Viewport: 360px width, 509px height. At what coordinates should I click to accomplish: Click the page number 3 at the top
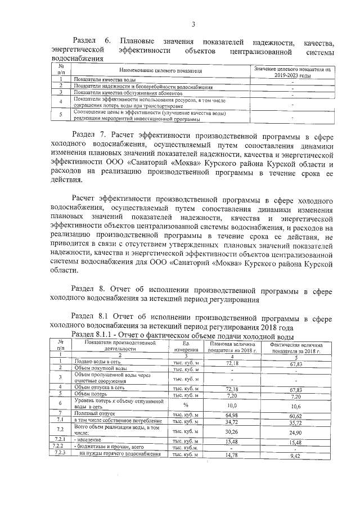tap(193, 24)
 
